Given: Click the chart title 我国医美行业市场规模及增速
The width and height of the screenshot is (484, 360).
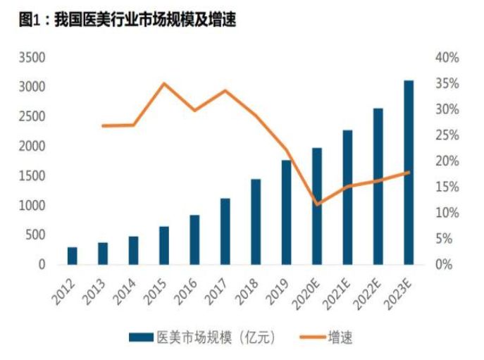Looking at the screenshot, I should click(x=128, y=21).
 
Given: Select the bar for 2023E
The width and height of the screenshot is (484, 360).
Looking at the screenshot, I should click(x=409, y=173).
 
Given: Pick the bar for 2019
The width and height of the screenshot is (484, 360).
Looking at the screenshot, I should click(x=286, y=212).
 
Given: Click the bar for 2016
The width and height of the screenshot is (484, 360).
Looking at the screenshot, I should click(x=194, y=240).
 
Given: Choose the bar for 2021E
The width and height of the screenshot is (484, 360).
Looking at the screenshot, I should click(x=347, y=197).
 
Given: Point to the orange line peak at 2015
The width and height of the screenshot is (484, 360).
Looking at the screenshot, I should click(x=164, y=84).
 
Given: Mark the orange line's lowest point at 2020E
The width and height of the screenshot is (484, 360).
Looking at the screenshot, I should click(x=317, y=205).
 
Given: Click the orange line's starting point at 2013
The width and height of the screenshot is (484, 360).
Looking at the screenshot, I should click(x=103, y=126).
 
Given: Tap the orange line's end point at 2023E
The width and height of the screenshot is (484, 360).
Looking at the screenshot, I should click(x=409, y=172).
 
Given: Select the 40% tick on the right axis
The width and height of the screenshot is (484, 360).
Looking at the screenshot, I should click(x=446, y=57).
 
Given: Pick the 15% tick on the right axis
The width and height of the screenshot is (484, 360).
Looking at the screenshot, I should click(x=446, y=187).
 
